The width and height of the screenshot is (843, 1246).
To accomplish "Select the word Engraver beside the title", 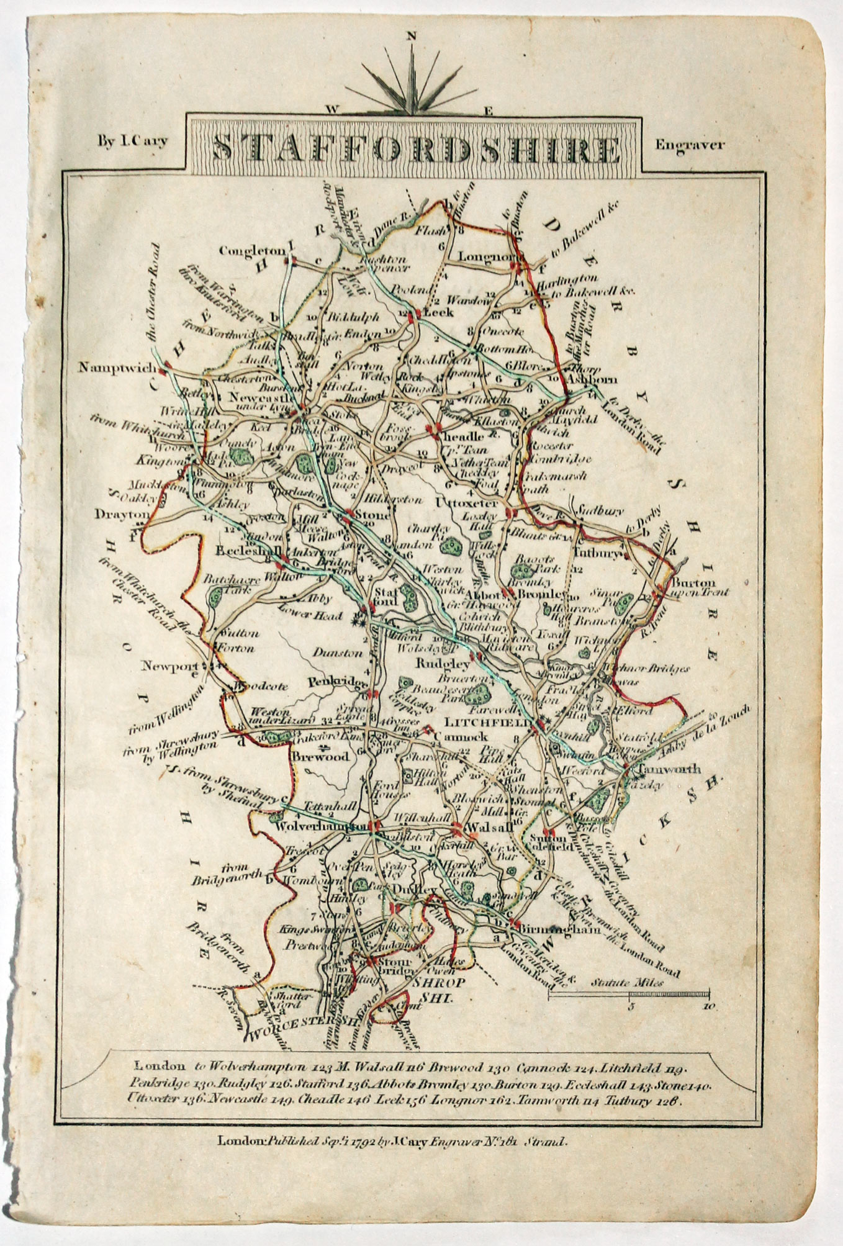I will tap(690, 145).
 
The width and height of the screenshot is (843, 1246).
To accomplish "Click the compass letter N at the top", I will tap(410, 36).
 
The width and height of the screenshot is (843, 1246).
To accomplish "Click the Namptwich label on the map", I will tap(116, 368).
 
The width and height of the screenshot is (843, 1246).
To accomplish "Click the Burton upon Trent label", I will tap(692, 587).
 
